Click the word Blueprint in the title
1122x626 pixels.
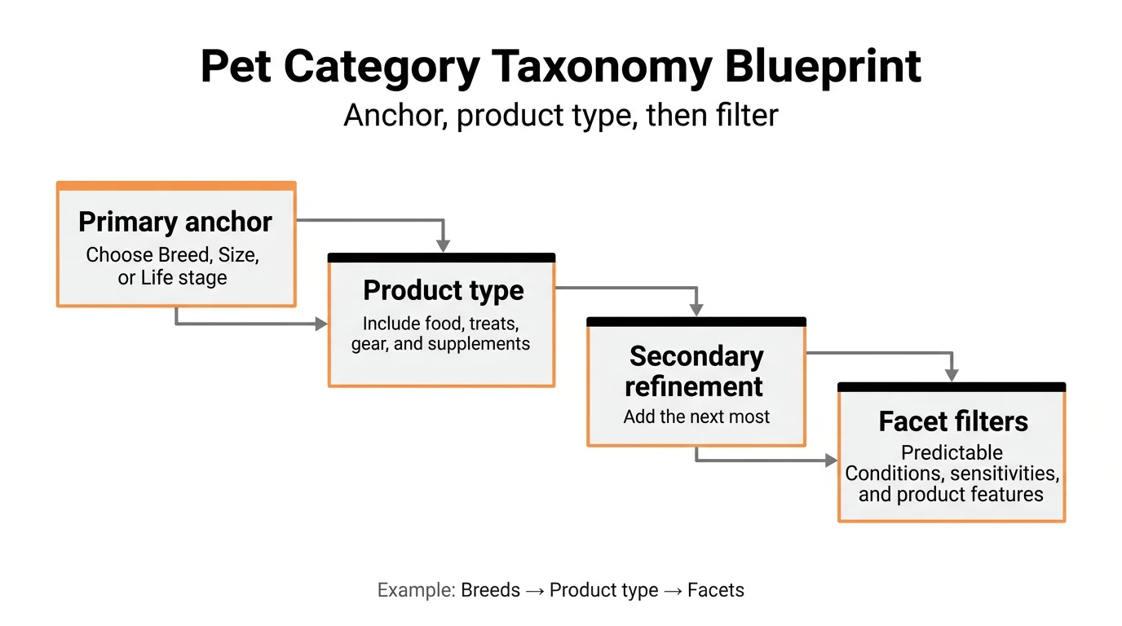click(824, 67)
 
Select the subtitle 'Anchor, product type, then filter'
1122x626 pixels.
click(561, 115)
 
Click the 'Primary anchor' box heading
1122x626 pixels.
click(175, 222)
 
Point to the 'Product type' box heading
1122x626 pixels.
click(444, 290)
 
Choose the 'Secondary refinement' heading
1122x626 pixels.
click(696, 371)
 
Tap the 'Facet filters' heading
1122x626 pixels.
click(953, 421)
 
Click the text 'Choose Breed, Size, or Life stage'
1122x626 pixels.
click(173, 267)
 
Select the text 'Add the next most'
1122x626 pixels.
click(696, 417)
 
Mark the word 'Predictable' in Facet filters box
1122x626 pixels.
click(952, 452)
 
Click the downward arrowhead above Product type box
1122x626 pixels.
click(443, 245)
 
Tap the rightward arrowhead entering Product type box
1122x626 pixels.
click(321, 324)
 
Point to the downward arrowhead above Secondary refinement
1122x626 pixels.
click(696, 310)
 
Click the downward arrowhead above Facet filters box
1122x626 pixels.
click(952, 375)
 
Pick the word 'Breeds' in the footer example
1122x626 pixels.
click(490, 590)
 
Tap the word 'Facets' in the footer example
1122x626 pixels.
click(716, 590)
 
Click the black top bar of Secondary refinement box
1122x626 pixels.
click(696, 322)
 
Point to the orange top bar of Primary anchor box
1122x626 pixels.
click(175, 186)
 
